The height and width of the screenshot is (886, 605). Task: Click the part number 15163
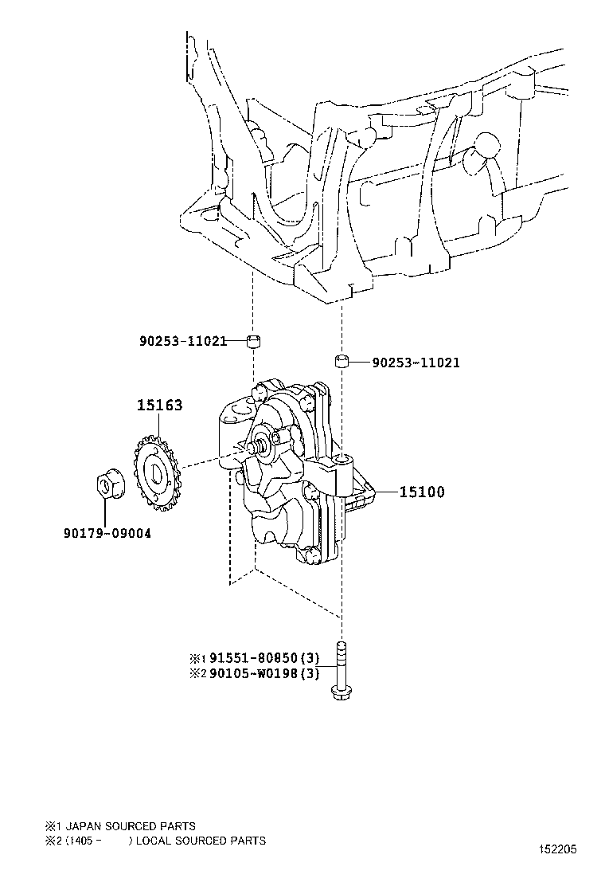(x=160, y=405)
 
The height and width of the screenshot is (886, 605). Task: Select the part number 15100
(x=422, y=492)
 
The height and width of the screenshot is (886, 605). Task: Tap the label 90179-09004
(x=107, y=533)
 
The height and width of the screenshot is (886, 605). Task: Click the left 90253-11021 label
(x=183, y=341)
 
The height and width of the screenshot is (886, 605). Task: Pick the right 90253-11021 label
(x=416, y=363)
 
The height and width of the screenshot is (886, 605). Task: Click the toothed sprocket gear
(x=156, y=472)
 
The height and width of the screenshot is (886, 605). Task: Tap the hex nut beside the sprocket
(x=106, y=485)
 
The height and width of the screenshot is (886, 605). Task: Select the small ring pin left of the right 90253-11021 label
(x=341, y=361)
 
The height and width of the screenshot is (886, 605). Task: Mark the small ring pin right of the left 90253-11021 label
(x=254, y=341)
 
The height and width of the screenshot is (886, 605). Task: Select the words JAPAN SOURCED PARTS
(x=131, y=826)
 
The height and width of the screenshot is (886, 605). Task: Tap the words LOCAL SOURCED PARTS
(x=201, y=841)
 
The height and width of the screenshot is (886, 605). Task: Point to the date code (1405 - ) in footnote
(x=100, y=841)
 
